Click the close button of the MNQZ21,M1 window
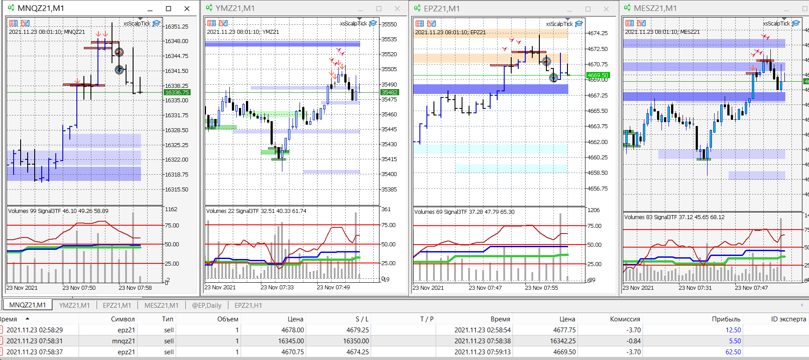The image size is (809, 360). (x=187, y=8)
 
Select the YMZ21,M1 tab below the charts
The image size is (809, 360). (x=74, y=305)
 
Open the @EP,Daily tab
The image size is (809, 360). (x=206, y=305)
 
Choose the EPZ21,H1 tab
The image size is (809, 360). (x=248, y=305)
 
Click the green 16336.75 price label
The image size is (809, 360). (x=177, y=93)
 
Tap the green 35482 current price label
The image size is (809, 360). (x=389, y=92)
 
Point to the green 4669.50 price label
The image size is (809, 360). (x=598, y=76)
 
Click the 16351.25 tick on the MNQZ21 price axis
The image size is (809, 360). (x=176, y=26)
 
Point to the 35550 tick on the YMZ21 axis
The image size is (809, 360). (x=389, y=24)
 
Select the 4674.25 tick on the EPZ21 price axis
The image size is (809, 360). (x=597, y=33)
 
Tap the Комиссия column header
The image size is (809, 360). (x=625, y=319)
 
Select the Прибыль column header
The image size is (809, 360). (x=726, y=319)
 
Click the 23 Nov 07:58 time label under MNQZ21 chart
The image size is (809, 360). (x=135, y=288)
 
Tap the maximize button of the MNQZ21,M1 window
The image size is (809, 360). (x=168, y=8)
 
